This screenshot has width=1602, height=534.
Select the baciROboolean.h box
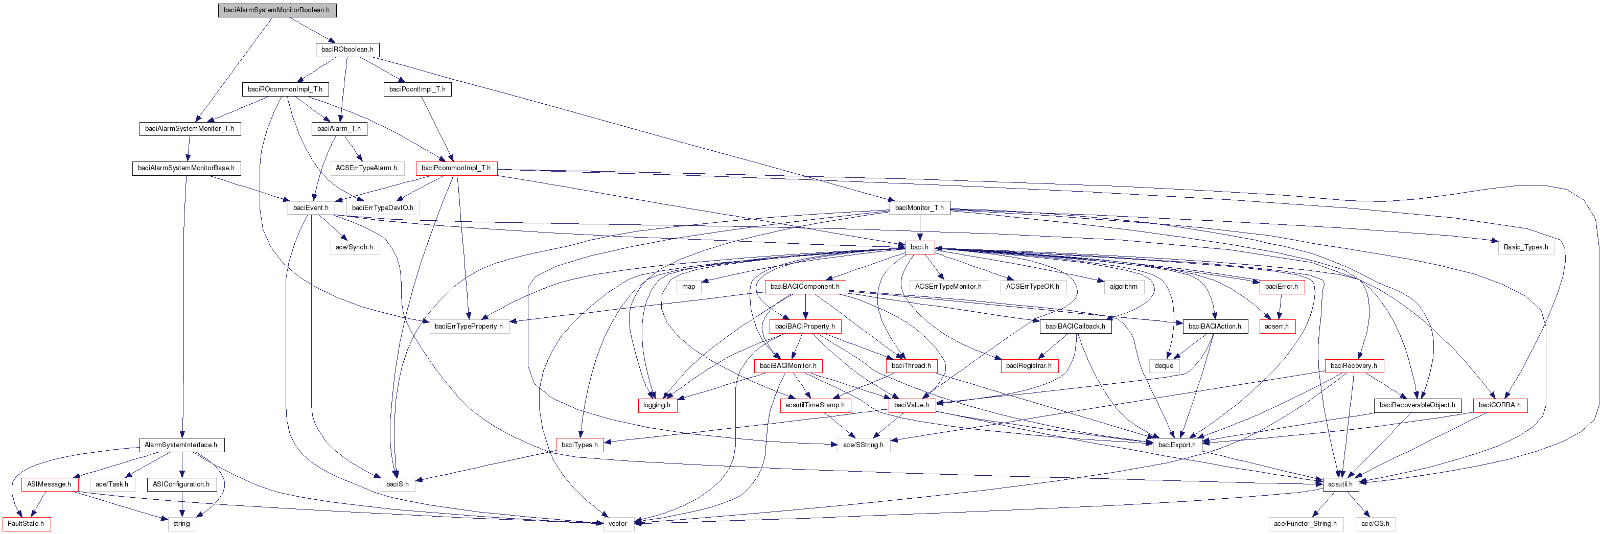click(x=347, y=50)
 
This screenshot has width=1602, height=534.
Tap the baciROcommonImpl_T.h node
click(x=285, y=89)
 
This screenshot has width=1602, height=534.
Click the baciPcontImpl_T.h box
click(x=417, y=89)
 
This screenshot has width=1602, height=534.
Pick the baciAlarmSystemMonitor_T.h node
click(x=189, y=129)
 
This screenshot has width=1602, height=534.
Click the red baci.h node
click(x=919, y=247)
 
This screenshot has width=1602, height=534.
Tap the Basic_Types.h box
click(x=1525, y=247)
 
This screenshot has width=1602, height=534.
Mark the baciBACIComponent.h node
click(x=805, y=287)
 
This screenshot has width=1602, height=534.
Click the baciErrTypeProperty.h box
click(x=469, y=327)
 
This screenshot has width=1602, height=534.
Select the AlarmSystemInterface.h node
click(x=181, y=445)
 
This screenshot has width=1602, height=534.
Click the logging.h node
click(x=657, y=405)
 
